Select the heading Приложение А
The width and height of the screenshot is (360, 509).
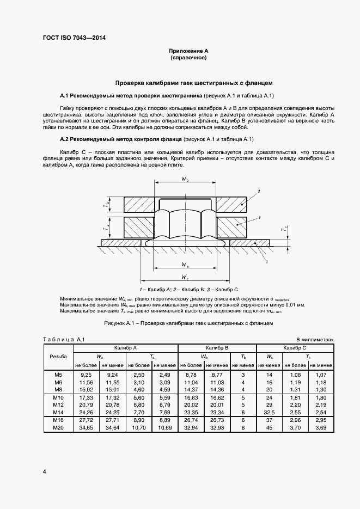188,50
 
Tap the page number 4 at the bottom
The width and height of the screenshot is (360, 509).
44,471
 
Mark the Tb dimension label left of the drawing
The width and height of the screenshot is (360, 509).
108,205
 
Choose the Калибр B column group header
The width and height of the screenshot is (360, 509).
217,347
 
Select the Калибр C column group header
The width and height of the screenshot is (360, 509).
294,347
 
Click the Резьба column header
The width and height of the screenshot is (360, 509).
58,356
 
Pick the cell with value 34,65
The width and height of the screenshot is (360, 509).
86,429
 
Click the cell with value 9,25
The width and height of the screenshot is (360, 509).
86,375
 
